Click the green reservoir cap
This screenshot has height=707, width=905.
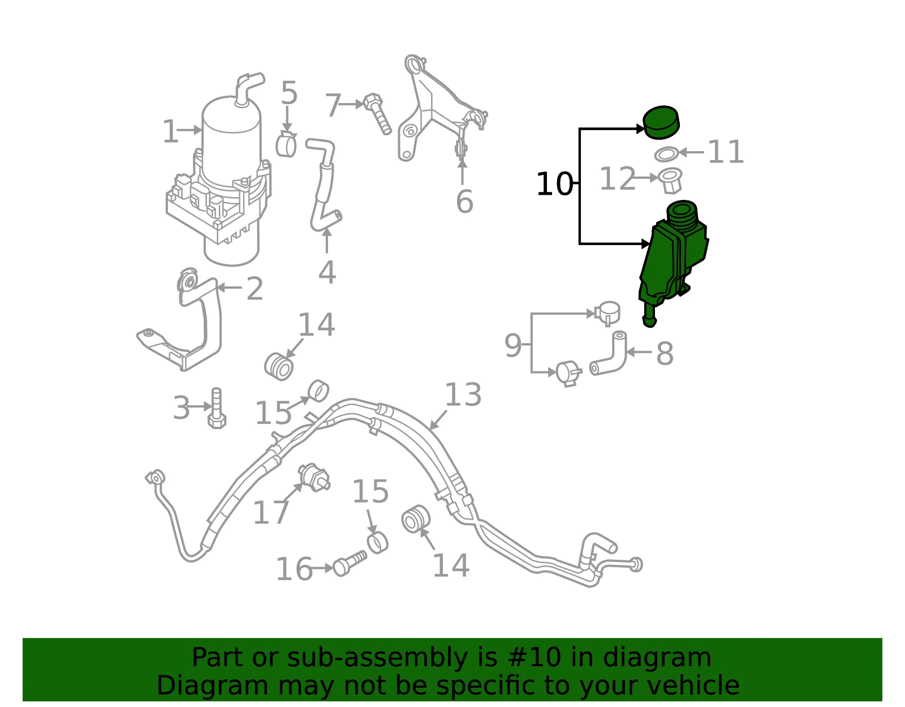661,122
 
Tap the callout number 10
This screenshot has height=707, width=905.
555,184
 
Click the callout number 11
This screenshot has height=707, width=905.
726,152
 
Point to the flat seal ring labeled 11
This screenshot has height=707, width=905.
666,154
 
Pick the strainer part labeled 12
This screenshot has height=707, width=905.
670,181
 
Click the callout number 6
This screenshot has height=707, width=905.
464,202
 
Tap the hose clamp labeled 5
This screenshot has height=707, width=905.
286,144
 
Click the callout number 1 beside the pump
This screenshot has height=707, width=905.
170,131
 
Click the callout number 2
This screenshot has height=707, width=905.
255,289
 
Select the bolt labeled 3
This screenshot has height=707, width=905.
217,408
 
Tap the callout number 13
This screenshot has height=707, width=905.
463,395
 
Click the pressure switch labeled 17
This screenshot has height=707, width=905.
314,478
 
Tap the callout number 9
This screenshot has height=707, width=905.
512,345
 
